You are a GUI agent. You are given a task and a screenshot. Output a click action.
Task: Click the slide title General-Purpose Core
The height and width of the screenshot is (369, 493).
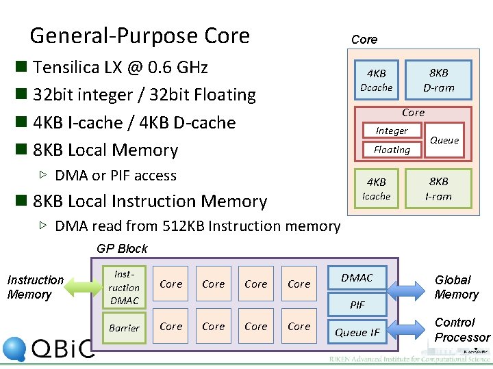pyautogui.click(x=140, y=36)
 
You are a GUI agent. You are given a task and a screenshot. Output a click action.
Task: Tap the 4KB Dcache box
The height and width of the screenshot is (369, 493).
pyautogui.click(x=376, y=81)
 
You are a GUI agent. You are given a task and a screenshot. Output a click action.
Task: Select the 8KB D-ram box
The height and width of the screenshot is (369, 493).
pyautogui.click(x=438, y=80)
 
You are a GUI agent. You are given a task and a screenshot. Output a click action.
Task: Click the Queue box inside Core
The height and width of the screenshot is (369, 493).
pyautogui.click(x=444, y=140)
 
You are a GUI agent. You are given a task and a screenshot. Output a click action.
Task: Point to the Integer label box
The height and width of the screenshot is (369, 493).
pyautogui.click(x=392, y=131)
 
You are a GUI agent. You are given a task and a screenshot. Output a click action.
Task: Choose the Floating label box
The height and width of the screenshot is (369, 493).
pyautogui.click(x=392, y=150)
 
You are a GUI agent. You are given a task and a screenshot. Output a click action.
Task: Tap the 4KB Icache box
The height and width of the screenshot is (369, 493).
pyautogui.click(x=376, y=189)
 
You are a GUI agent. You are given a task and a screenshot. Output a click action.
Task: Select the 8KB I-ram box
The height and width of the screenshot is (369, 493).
pyautogui.click(x=438, y=188)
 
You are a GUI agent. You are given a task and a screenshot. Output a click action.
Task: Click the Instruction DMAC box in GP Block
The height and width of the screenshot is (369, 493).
pyautogui.click(x=124, y=287)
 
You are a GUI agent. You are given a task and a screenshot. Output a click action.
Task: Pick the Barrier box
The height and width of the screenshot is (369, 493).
pyautogui.click(x=124, y=328)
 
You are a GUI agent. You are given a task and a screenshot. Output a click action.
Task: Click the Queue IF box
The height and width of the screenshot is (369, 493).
pyautogui.click(x=357, y=332)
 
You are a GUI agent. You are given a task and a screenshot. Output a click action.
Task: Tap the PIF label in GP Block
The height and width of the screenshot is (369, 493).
pyautogui.click(x=357, y=305)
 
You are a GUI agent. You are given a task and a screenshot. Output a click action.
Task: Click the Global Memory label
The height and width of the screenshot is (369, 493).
pyautogui.click(x=456, y=287)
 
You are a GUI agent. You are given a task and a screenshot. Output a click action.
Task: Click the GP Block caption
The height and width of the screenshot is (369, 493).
pyautogui.click(x=122, y=248)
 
